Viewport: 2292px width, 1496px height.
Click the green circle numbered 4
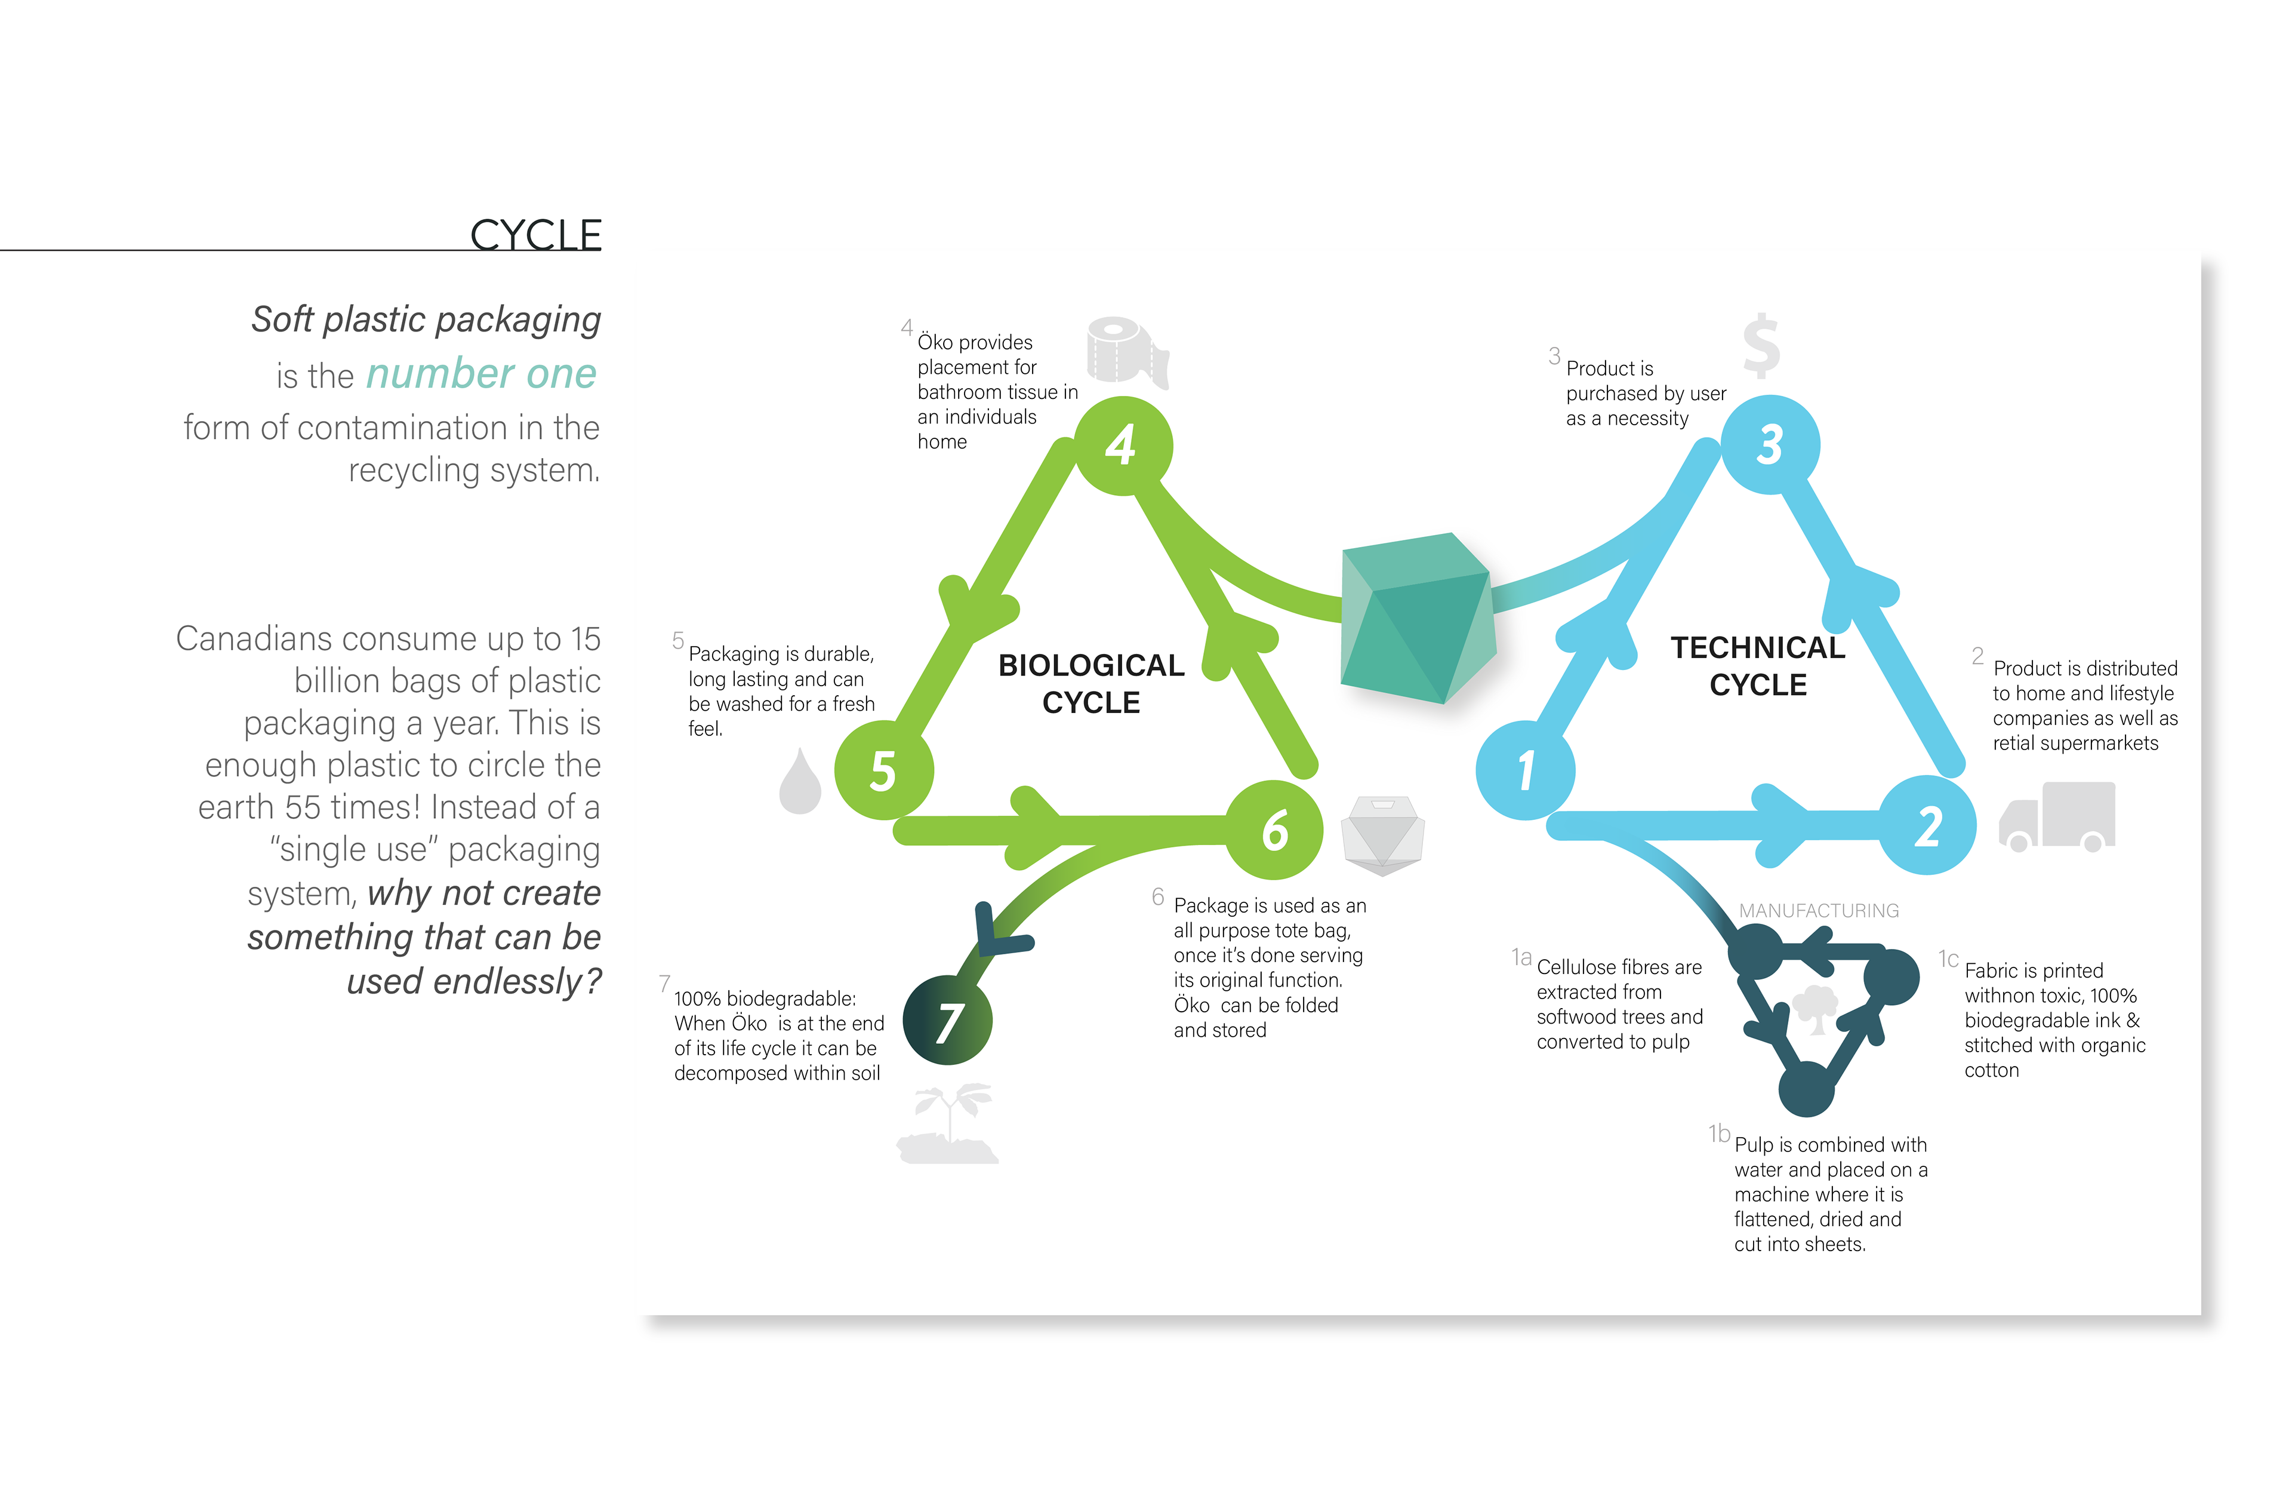(1122, 445)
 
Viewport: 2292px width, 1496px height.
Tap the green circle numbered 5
(883, 770)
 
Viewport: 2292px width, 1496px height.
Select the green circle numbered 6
(1274, 830)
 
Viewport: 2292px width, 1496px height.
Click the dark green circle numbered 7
(948, 1020)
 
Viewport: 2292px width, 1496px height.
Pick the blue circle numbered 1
(1524, 770)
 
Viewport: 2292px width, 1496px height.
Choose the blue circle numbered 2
(1927, 825)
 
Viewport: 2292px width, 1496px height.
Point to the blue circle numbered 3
(1770, 444)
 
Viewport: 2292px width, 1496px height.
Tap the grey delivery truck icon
(2058, 817)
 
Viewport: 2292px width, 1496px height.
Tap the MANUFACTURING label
(1818, 910)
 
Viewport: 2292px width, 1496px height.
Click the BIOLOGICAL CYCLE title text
(1091, 683)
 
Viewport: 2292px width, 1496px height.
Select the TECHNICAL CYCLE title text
(1758, 666)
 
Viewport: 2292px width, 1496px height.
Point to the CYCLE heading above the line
(535, 235)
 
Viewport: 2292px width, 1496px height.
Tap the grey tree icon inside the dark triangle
(1815, 1009)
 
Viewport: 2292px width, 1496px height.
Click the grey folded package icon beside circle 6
(1383, 834)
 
